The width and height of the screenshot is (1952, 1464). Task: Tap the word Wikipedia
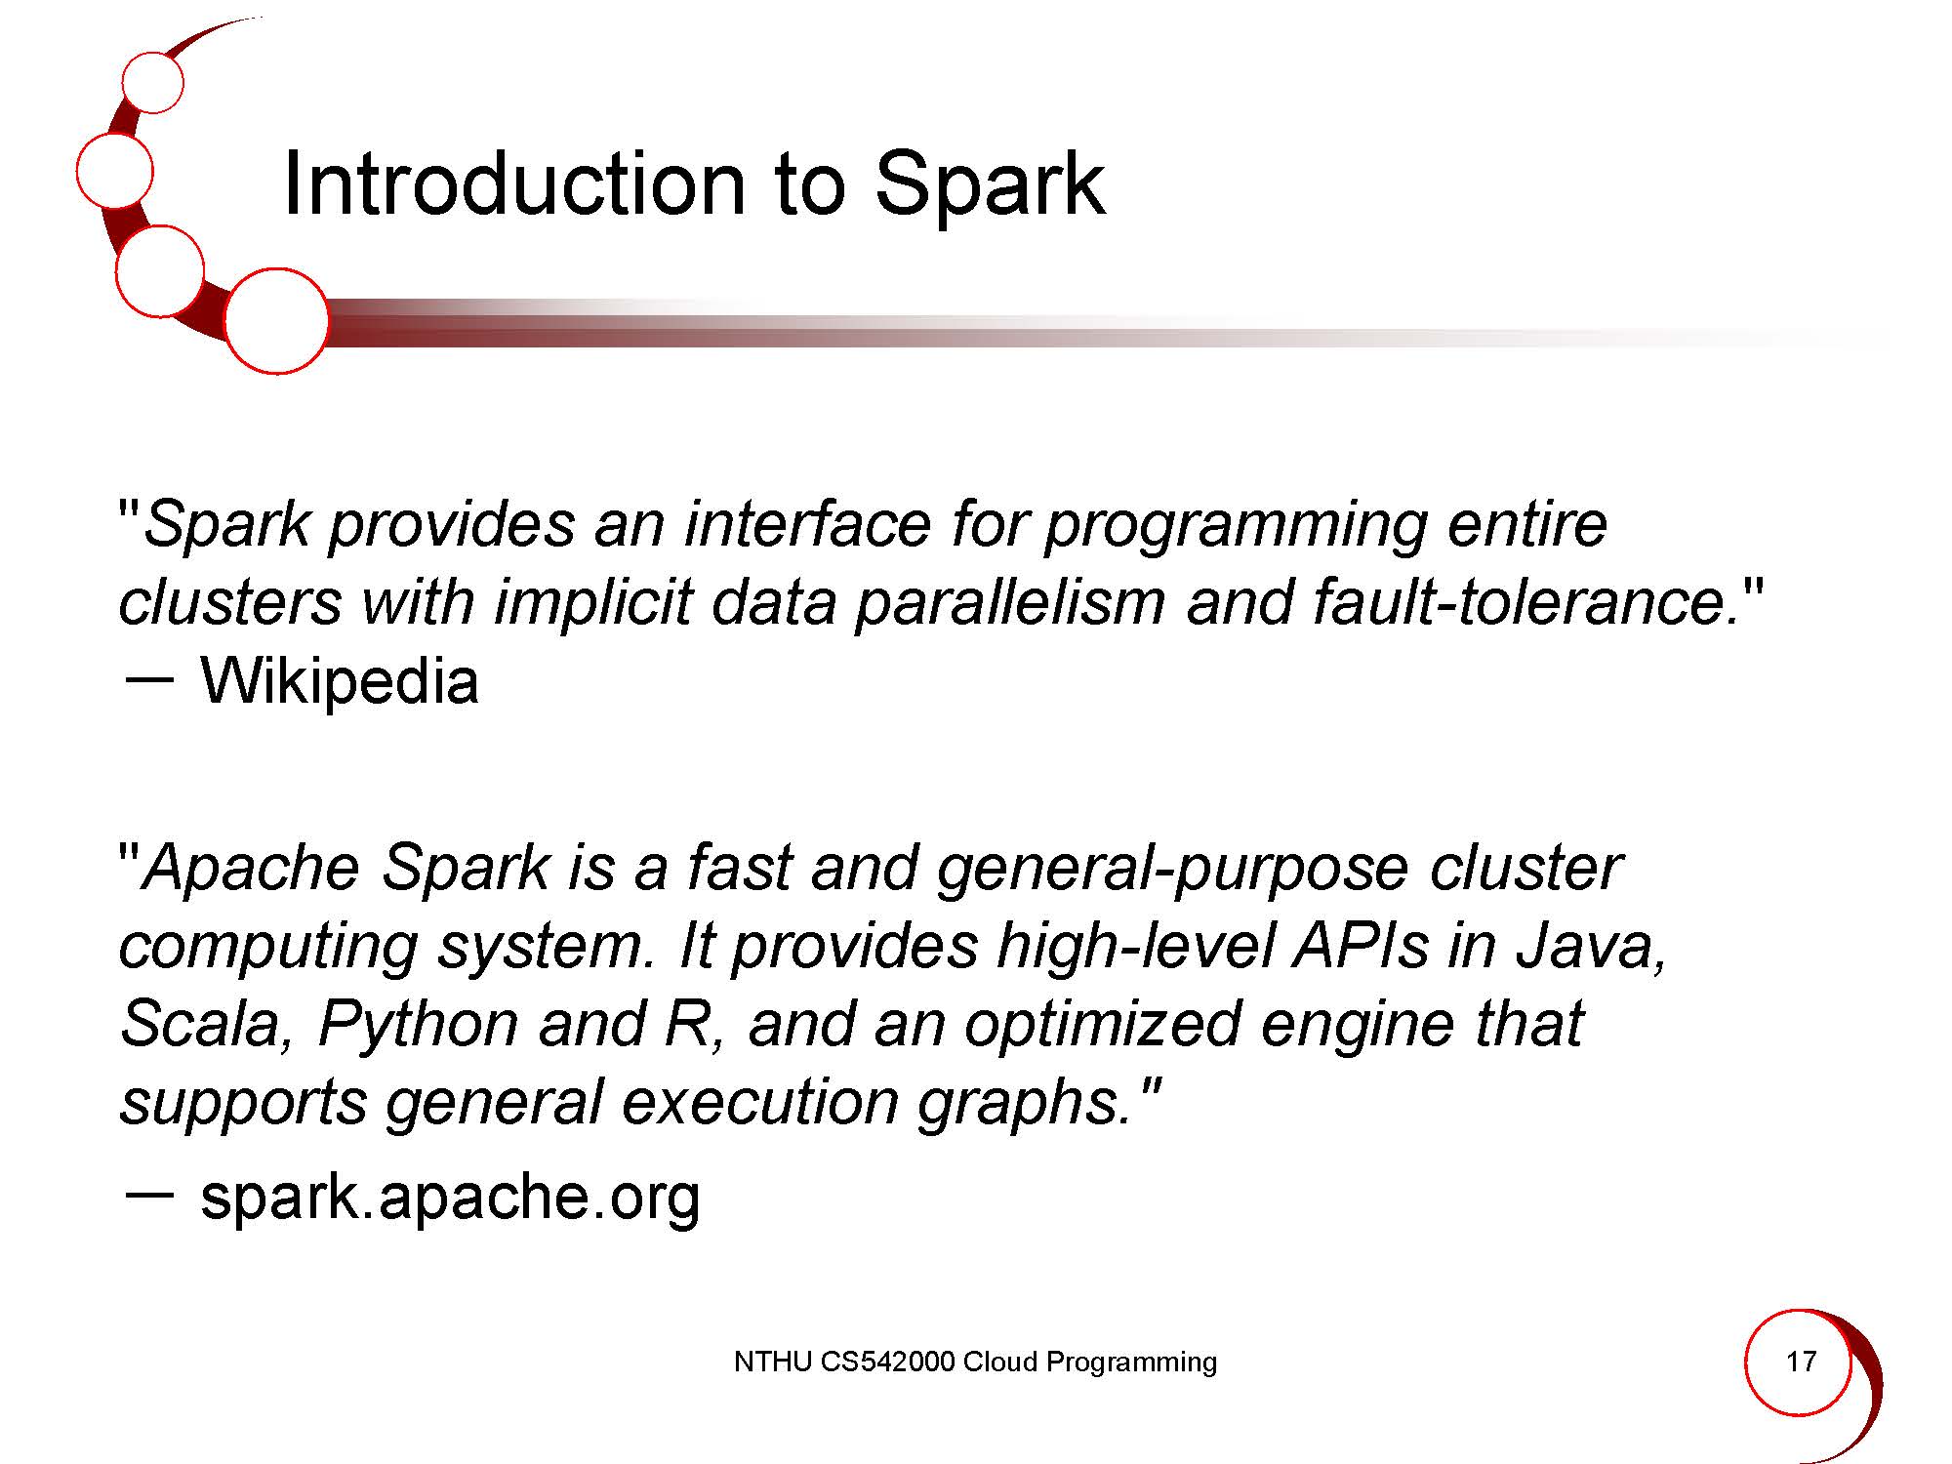point(340,680)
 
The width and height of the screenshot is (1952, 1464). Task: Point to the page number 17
point(1801,1361)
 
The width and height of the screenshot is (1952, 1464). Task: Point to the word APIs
point(1361,946)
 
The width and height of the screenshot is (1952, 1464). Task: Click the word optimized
point(1102,1026)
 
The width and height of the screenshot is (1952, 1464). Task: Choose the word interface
point(808,524)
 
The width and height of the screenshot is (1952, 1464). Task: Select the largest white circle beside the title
point(276,321)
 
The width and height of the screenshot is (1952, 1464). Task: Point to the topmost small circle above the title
point(153,82)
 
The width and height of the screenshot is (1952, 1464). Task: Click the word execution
point(758,1102)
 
